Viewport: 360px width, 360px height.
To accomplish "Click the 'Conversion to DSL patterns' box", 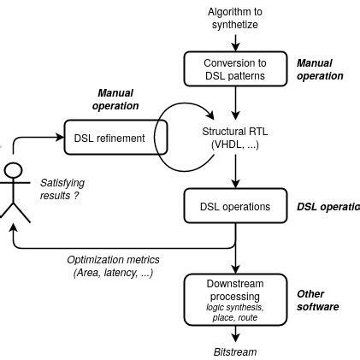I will (234, 69).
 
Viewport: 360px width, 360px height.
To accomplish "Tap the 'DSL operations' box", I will (234, 206).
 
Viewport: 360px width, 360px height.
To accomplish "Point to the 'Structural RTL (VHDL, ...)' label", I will (235, 138).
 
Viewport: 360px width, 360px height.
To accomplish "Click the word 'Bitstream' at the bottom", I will (234, 351).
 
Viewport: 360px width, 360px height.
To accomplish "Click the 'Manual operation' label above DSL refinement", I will (117, 99).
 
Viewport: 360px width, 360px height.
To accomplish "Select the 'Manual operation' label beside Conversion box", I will (319, 69).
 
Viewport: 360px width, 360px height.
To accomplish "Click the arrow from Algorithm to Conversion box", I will (234, 41).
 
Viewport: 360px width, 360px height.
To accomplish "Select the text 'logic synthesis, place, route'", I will (234, 312).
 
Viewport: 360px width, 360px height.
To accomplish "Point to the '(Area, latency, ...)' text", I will (113, 273).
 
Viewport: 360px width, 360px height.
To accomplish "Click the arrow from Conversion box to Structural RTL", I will (234, 103).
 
